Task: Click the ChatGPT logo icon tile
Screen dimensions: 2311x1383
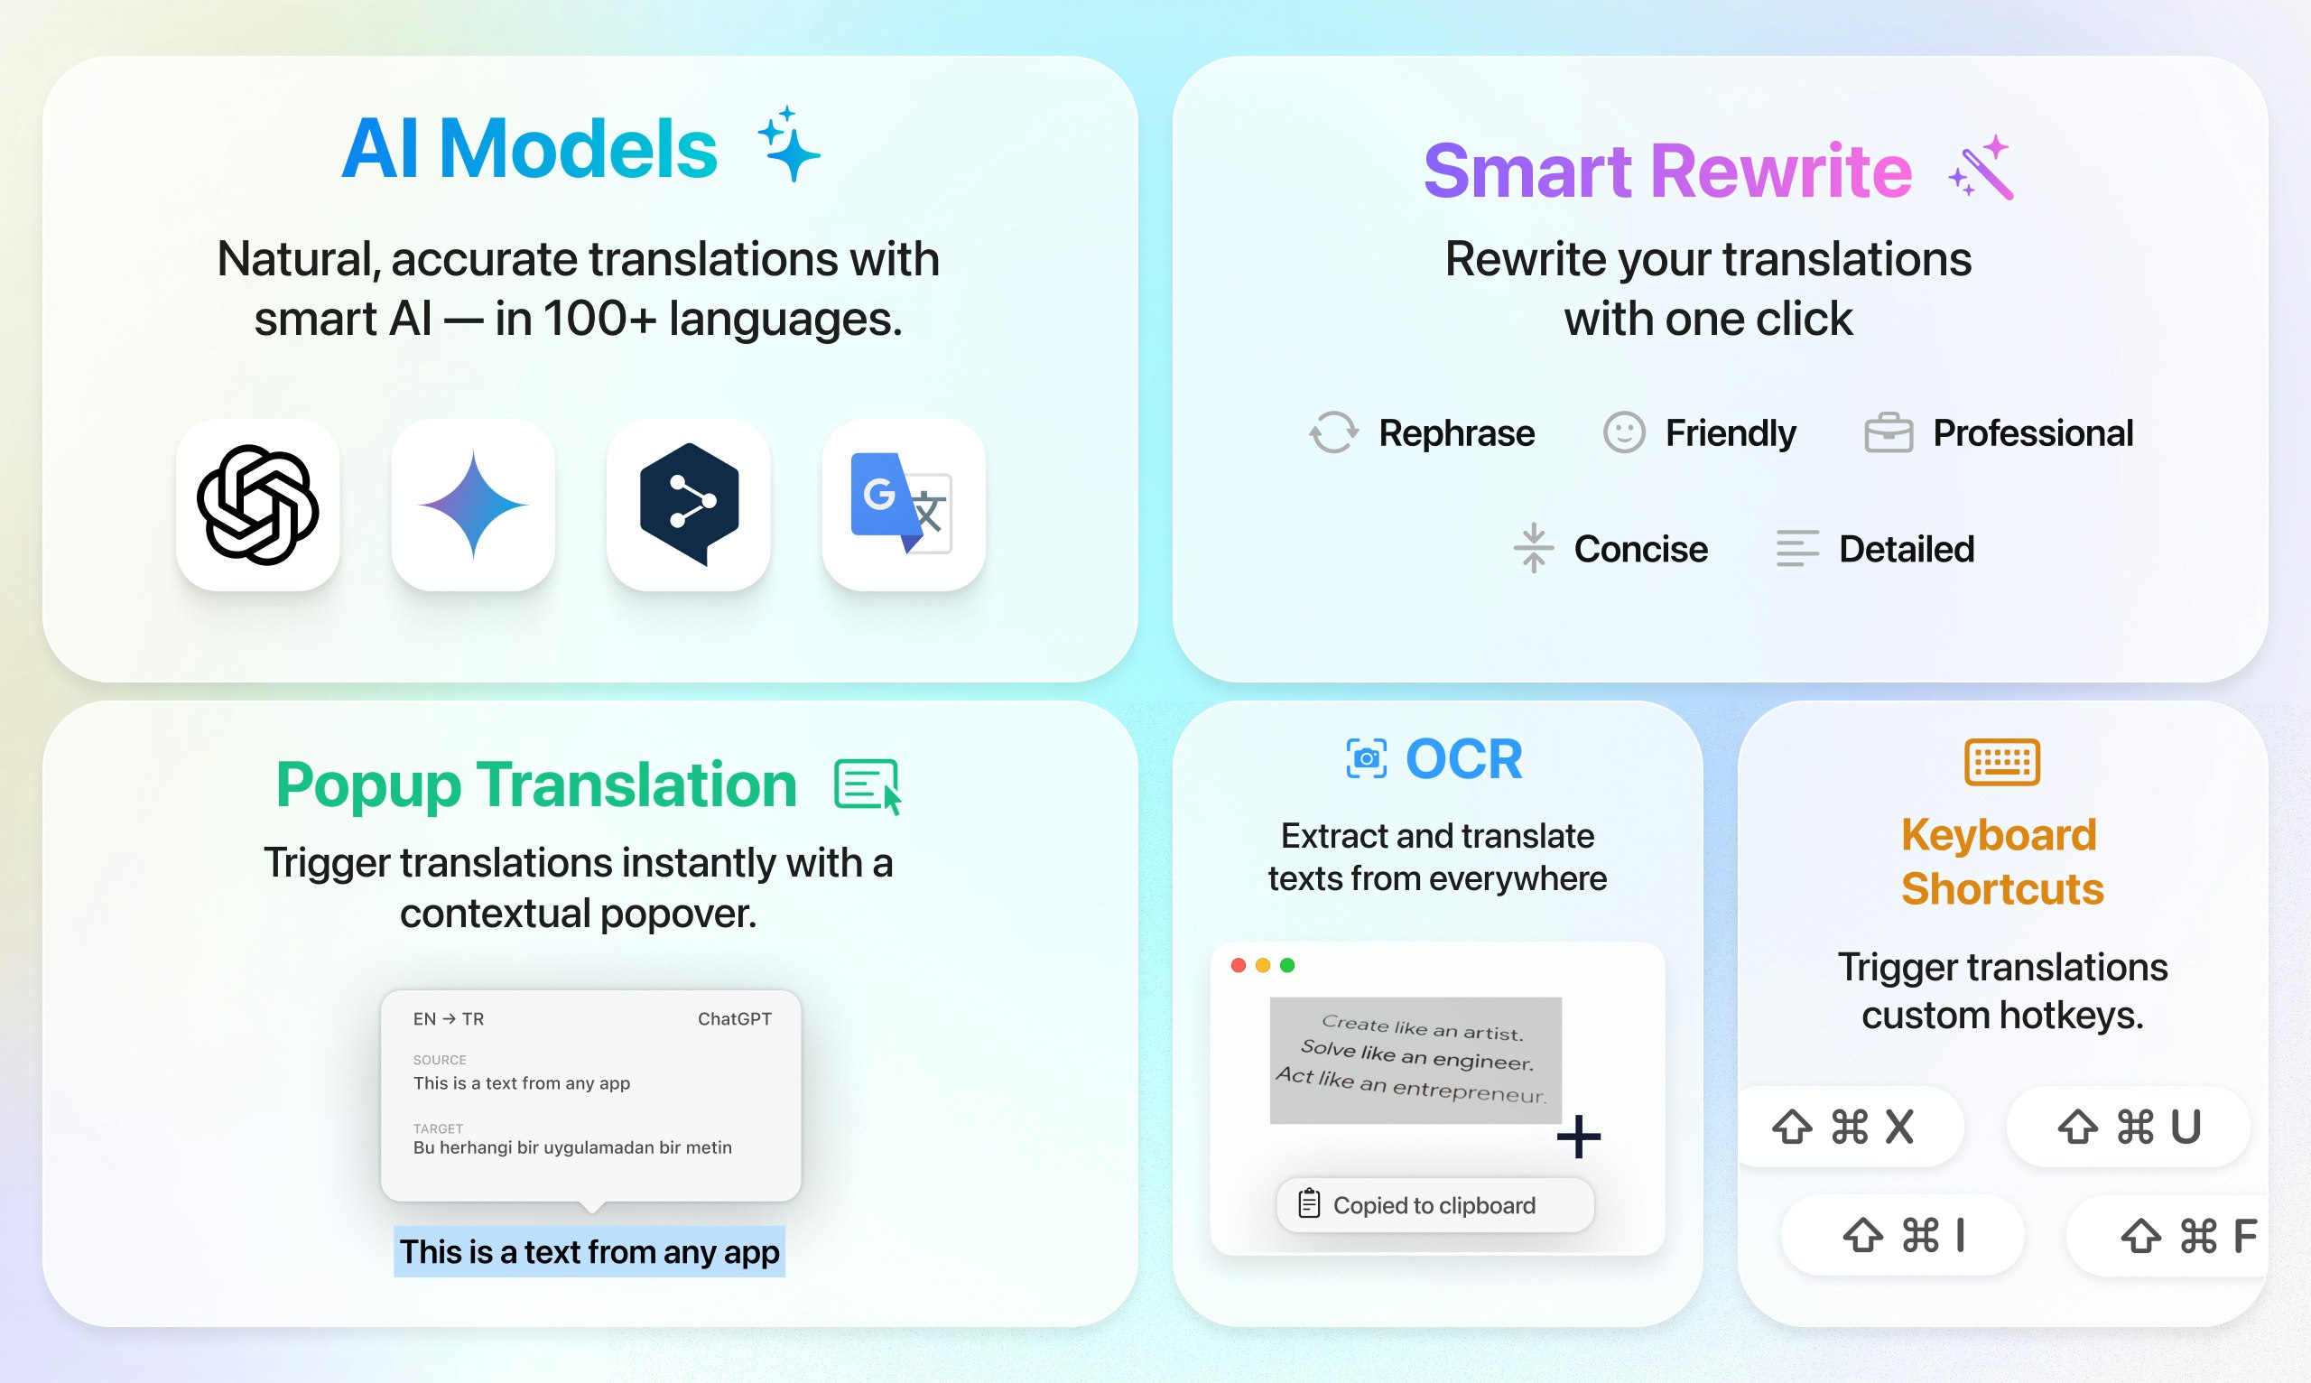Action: coord(258,506)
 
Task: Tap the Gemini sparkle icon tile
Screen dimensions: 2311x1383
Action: coord(473,506)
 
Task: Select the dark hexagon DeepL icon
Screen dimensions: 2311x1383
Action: coord(689,504)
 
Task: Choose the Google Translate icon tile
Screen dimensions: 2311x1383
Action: coord(904,506)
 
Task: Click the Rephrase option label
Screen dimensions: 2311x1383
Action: coord(1456,433)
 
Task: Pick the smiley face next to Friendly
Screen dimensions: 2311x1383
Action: coord(1624,433)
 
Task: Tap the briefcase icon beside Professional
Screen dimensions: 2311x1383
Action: coord(1889,433)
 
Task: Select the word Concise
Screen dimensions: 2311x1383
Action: coord(1641,549)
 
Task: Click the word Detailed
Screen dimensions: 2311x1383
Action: coord(1907,549)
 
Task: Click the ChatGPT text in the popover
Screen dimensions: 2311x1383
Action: coord(734,1018)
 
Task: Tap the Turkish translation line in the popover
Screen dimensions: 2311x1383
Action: coord(572,1147)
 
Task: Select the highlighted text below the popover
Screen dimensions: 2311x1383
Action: coord(589,1251)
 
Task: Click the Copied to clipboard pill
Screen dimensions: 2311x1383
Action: coord(1435,1205)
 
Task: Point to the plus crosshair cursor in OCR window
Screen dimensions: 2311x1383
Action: coord(1579,1137)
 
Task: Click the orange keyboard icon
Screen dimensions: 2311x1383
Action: coord(2002,762)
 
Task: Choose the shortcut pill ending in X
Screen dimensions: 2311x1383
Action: coord(1849,1127)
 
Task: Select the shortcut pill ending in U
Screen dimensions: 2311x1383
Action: coord(2129,1127)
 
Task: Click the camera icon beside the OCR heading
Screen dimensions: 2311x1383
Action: coord(1367,758)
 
